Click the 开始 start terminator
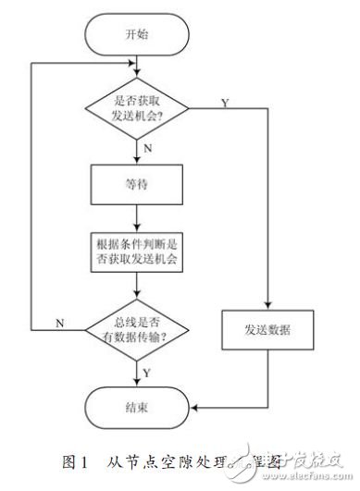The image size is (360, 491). pyautogui.click(x=137, y=34)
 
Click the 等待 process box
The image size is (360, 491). pyautogui.click(x=137, y=184)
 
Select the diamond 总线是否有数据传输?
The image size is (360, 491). pyautogui.click(x=137, y=327)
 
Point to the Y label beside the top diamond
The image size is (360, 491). pyautogui.click(x=226, y=103)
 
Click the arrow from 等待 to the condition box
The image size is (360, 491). pyautogui.click(x=137, y=219)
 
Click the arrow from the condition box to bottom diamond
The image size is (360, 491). pyautogui.click(x=137, y=289)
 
